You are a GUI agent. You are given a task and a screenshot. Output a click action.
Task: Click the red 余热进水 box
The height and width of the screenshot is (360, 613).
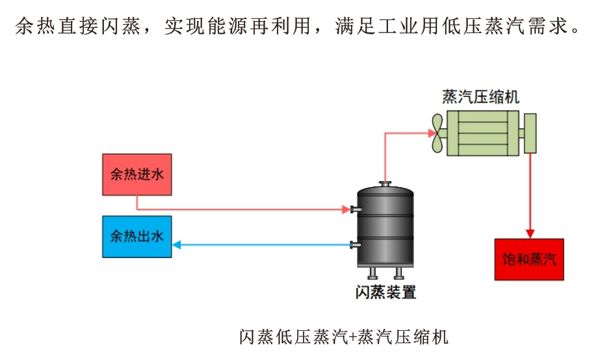[137, 174]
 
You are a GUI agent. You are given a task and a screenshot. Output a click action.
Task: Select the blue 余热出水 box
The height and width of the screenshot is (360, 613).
[137, 236]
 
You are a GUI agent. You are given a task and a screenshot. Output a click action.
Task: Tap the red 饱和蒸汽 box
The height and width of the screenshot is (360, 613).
[530, 259]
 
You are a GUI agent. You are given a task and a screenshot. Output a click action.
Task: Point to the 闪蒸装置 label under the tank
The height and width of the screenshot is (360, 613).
[385, 292]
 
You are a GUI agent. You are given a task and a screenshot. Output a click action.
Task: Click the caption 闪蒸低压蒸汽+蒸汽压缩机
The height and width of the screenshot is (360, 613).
[344, 337]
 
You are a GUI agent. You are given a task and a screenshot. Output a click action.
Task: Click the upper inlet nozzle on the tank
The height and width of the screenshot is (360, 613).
[354, 209]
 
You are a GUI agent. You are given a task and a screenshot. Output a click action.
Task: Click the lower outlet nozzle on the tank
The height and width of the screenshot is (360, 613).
[354, 245]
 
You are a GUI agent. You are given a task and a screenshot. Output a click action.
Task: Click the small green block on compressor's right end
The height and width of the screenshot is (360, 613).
[530, 133]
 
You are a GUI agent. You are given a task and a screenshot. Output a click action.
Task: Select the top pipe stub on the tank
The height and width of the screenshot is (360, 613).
[385, 184]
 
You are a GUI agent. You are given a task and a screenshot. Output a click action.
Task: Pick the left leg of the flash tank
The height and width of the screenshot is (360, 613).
[371, 272]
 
